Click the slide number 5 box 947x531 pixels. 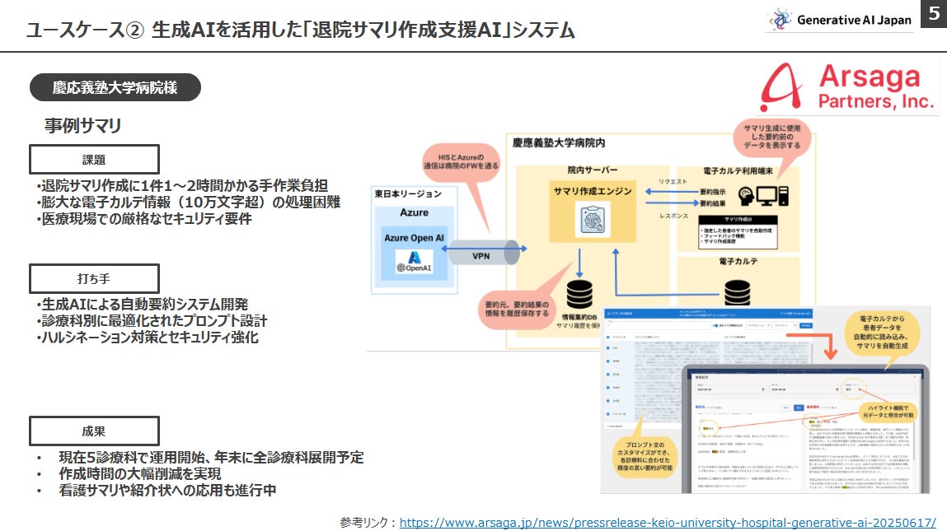933,14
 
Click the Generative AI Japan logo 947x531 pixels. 838,20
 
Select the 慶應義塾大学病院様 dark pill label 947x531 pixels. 115,86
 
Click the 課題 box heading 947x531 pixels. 93,160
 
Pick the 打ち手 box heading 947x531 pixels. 93,277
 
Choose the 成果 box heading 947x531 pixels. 93,431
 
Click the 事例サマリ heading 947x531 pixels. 83,125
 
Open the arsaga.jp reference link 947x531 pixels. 667,522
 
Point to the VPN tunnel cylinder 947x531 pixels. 481,254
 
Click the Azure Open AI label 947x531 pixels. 415,238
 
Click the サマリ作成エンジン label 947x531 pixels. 592,191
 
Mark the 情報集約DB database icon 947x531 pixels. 579,294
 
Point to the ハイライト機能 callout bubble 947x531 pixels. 890,413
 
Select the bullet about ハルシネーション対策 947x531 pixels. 148,338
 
